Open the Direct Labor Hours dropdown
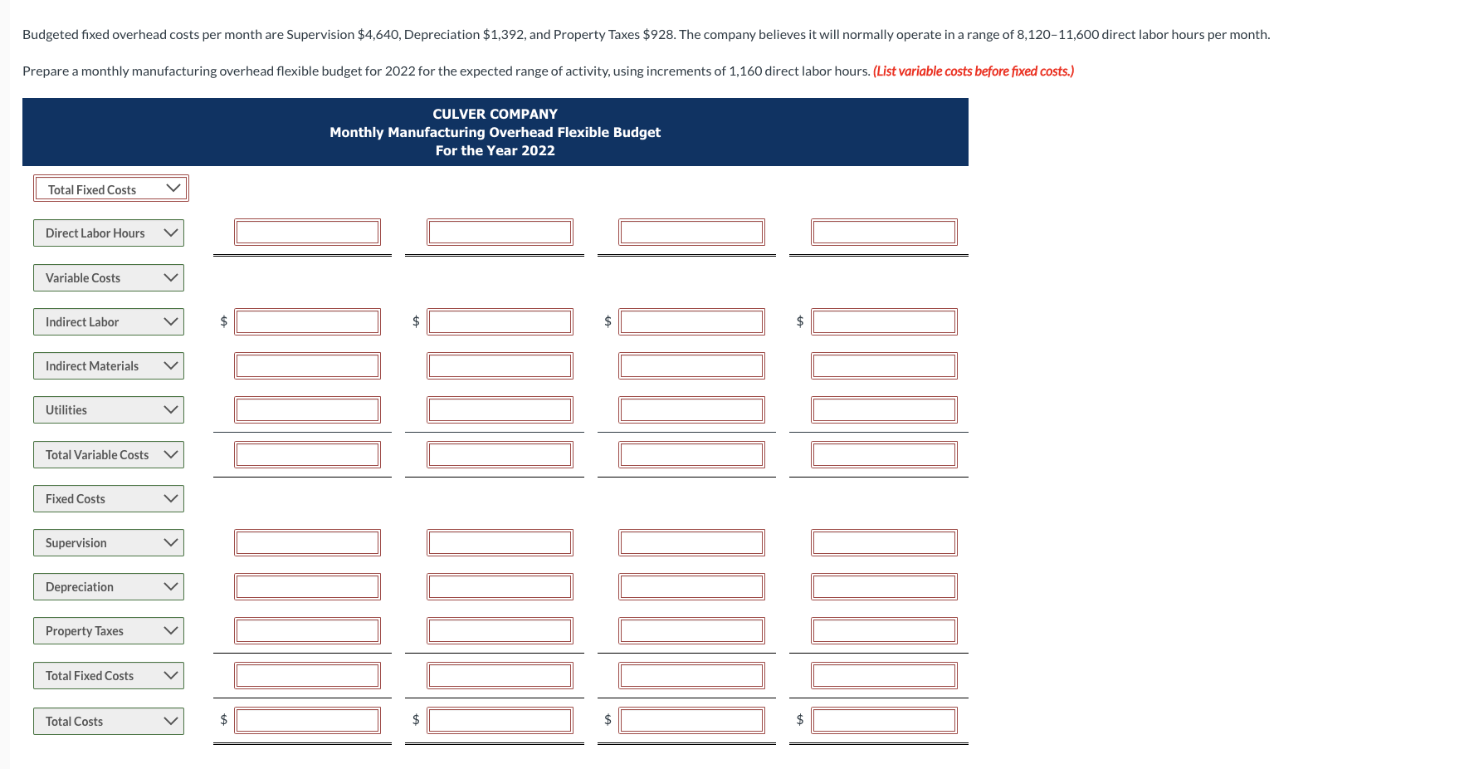pos(108,233)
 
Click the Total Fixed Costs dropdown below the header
pos(110,189)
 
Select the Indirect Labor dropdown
pos(108,322)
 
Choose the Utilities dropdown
pos(108,410)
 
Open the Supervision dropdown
pos(108,543)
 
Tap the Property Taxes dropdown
pos(108,631)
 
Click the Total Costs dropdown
pos(108,722)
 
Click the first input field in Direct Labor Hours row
pos(307,233)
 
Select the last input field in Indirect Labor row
pos(884,322)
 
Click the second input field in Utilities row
pos(500,410)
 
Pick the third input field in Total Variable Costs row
pos(691,455)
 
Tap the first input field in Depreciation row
pos(307,587)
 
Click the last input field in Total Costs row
pos(884,721)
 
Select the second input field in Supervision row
pos(500,543)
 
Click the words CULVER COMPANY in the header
pos(495,114)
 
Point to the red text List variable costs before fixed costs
pos(973,71)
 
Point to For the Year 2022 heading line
pos(495,150)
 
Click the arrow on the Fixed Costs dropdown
pos(171,499)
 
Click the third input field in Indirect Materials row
pos(691,366)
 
